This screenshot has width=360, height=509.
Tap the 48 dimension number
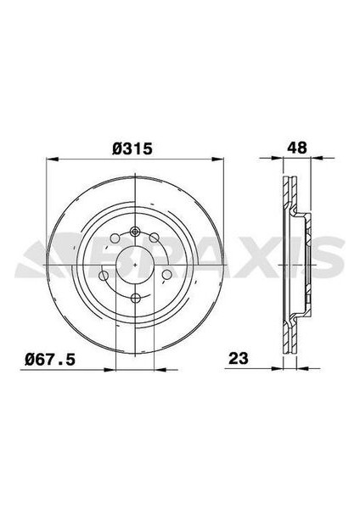296,146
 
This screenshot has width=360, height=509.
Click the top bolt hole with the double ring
134,231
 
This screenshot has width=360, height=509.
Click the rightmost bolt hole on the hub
167,274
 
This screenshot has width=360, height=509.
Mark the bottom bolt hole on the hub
134,296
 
